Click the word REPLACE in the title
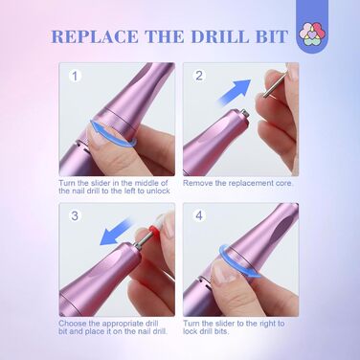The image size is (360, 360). click(95, 36)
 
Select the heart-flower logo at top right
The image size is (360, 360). click(313, 34)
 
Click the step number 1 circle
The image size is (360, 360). click(75, 77)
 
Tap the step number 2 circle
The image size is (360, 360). click(199, 76)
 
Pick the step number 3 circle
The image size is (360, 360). click(75, 215)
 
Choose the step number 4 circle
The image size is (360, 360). click(199, 215)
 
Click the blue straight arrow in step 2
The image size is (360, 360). click(235, 92)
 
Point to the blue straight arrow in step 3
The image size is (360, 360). click(116, 232)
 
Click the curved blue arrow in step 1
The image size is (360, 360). click(113, 133)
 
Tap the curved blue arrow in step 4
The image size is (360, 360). click(239, 261)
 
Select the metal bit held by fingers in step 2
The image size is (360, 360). click(275, 84)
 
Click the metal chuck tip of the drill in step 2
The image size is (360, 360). click(245, 114)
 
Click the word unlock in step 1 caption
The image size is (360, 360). click(158, 191)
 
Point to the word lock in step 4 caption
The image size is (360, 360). click(191, 331)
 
